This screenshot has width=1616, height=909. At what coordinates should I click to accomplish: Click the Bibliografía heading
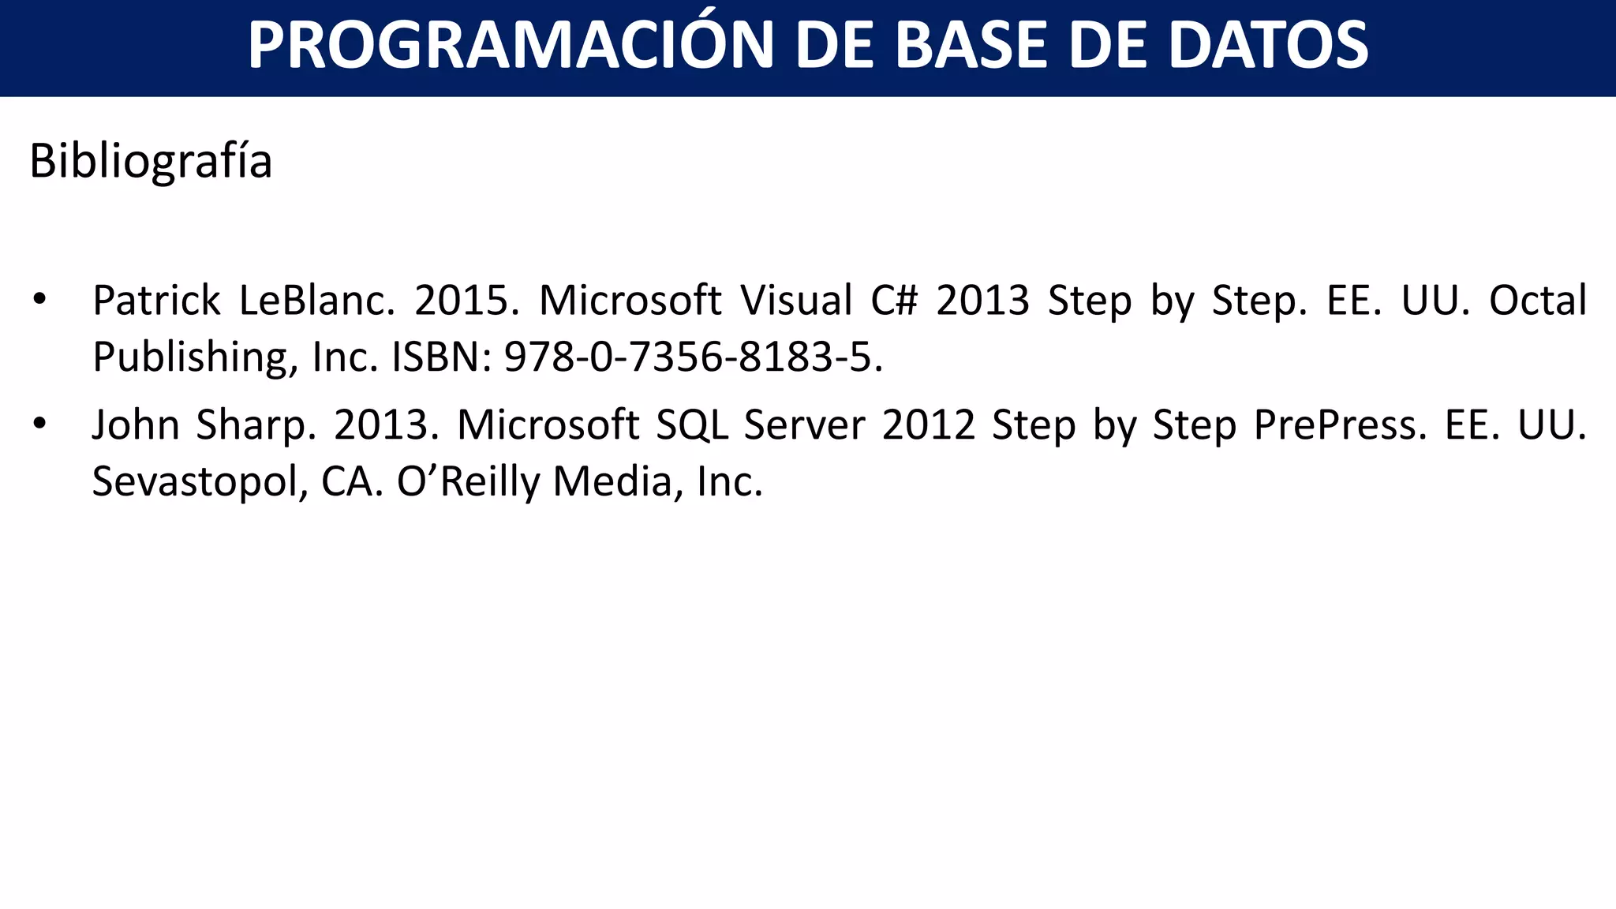click(x=151, y=161)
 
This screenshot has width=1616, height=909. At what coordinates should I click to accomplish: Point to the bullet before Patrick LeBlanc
click(x=40, y=300)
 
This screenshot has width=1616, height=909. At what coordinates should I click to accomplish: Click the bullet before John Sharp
click(x=40, y=424)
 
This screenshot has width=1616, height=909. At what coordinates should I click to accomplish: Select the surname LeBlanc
click(x=316, y=301)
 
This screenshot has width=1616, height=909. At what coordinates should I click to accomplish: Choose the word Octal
click(x=1537, y=301)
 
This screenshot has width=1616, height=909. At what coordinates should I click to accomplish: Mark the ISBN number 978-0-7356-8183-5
click(x=694, y=357)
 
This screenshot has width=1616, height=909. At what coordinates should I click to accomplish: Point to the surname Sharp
click(x=256, y=425)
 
